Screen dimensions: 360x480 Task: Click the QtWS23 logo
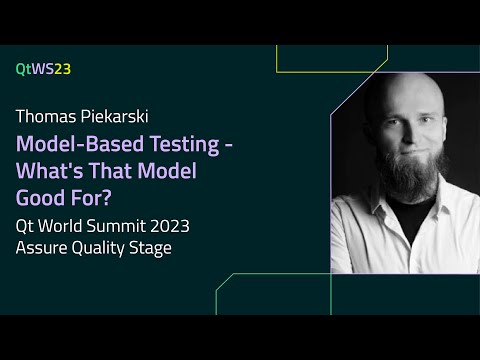(x=43, y=69)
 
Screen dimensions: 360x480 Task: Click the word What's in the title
(x=49, y=171)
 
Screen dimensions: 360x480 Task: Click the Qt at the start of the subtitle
(x=25, y=226)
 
